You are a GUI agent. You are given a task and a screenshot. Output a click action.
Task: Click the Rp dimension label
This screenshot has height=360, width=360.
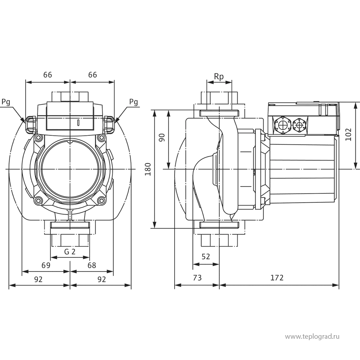pyautogui.click(x=219, y=76)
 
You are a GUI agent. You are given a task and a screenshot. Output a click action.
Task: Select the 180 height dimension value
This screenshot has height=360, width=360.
pyautogui.click(x=147, y=169)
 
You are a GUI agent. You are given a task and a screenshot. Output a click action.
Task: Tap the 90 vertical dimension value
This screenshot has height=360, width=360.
pyautogui.click(x=162, y=137)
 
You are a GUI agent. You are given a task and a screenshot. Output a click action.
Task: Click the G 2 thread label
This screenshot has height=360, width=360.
pyautogui.click(x=69, y=252)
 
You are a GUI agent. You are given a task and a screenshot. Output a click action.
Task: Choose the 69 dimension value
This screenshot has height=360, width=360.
pyautogui.click(x=46, y=265)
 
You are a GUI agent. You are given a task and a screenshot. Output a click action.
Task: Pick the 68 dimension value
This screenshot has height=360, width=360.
pyautogui.click(x=92, y=265)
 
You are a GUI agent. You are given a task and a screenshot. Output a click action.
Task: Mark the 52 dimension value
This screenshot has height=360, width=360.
pyautogui.click(x=206, y=256)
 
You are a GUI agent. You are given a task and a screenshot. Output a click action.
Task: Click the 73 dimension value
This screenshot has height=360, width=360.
pyautogui.click(x=197, y=278)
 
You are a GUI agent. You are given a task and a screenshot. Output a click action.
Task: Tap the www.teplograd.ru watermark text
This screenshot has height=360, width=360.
pyautogui.click(x=312, y=336)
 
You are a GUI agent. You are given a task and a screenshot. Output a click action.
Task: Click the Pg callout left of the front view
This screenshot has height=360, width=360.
pyautogui.click(x=6, y=102)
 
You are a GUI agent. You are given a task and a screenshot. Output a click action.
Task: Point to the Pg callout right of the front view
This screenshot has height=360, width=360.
pyautogui.click(x=134, y=102)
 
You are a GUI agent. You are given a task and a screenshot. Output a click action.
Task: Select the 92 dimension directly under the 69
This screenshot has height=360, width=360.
pyautogui.click(x=39, y=279)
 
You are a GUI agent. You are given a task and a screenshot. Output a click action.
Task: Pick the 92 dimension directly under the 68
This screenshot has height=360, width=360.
pyautogui.click(x=102, y=279)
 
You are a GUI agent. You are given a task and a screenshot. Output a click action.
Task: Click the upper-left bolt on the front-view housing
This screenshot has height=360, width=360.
pyautogui.click(x=38, y=138)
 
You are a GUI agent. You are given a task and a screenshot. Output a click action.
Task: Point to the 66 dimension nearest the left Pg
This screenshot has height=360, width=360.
pyautogui.click(x=48, y=75)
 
